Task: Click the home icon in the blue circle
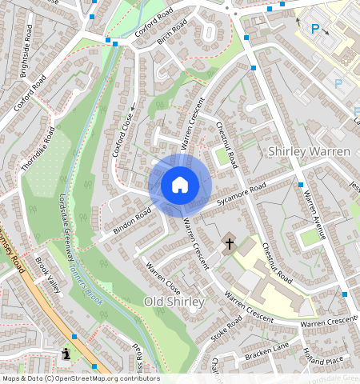pyautogui.click(x=180, y=186)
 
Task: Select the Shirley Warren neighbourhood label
pyautogui.click(x=309, y=151)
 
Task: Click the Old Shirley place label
pyautogui.click(x=174, y=302)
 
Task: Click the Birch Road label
pyautogui.click(x=170, y=33)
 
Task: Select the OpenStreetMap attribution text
pyautogui.click(x=80, y=378)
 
